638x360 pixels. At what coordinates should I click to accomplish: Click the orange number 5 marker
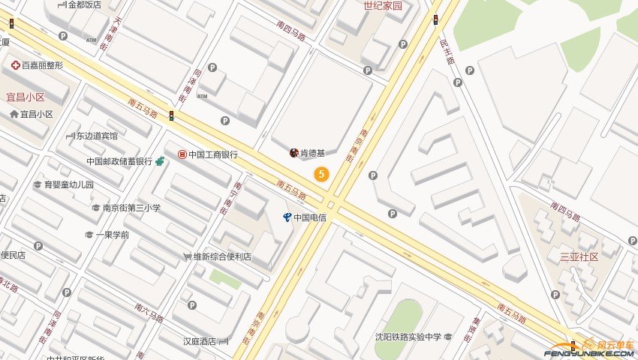coord(322,175)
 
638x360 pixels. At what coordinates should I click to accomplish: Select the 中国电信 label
coord(309,217)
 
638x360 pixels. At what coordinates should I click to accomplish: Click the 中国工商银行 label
coord(213,155)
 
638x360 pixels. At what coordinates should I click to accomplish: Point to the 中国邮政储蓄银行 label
coord(119,161)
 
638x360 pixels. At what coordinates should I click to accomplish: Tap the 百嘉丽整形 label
coord(42,65)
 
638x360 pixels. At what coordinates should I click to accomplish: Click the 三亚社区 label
coord(579,256)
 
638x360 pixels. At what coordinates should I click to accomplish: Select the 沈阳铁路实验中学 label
coord(409,337)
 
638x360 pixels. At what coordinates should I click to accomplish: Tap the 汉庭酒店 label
coord(199,341)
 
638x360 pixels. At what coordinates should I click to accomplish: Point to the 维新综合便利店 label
coord(222,257)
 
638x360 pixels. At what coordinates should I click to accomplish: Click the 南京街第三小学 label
coord(131,208)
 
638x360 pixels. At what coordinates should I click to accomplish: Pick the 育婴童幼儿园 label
coord(68,184)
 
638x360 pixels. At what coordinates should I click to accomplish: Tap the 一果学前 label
coord(112,235)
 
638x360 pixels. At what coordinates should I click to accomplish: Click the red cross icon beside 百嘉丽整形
coord(15,65)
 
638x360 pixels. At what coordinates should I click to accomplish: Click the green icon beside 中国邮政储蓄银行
coord(160,161)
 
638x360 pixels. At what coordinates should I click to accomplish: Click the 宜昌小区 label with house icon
coord(36,114)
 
